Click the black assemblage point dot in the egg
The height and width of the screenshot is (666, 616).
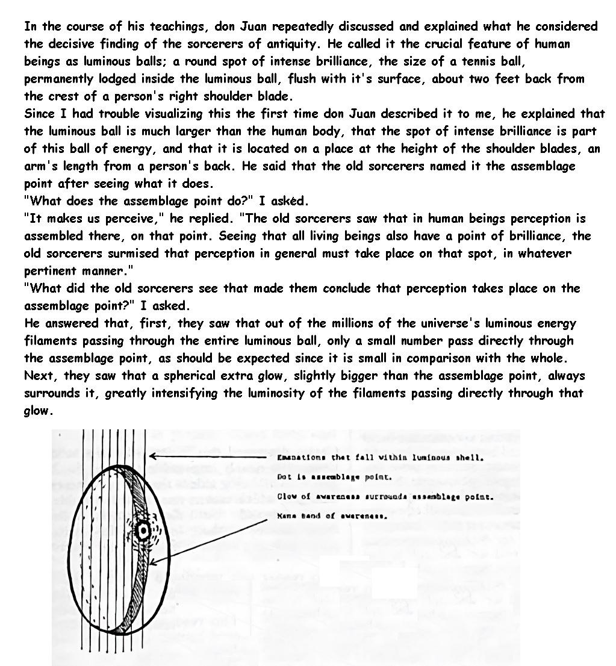coord(143,531)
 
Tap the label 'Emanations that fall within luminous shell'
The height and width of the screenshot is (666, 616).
coord(380,458)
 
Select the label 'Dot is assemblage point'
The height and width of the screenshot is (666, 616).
coord(335,478)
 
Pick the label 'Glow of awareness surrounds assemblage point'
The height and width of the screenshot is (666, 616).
coord(385,497)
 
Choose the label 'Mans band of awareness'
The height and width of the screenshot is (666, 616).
coord(332,516)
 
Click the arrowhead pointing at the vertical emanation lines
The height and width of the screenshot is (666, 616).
coord(153,456)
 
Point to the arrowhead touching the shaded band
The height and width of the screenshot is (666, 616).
coord(152,563)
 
